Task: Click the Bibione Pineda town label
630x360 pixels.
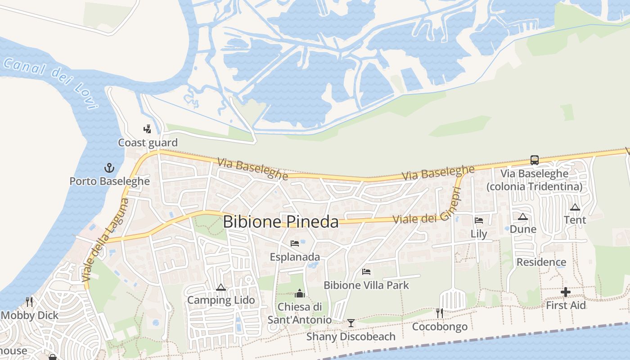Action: pos(280,222)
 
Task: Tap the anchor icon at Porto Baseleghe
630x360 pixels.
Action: pos(109,168)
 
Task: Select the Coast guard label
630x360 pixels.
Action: pos(148,143)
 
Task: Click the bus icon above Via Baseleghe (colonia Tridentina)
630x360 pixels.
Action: pos(534,160)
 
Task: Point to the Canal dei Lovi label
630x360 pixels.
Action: pos(50,81)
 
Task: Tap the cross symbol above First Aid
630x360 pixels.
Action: pos(566,292)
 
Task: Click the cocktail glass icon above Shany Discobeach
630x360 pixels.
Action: pos(351,323)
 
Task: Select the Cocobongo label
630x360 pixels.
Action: pos(440,326)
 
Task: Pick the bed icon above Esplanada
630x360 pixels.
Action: pos(295,243)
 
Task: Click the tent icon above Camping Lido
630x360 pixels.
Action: pos(221,287)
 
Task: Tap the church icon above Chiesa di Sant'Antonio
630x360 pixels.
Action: pos(300,294)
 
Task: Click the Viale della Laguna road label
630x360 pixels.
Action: pos(106,240)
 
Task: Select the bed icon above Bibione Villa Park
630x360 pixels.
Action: pos(366,272)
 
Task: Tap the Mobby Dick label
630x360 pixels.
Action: pos(30,315)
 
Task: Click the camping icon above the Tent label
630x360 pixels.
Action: pos(575,207)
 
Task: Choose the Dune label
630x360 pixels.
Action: pos(523,229)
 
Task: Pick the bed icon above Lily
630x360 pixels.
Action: pos(479,220)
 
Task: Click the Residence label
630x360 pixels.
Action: pos(541,262)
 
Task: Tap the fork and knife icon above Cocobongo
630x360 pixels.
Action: pos(440,313)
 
